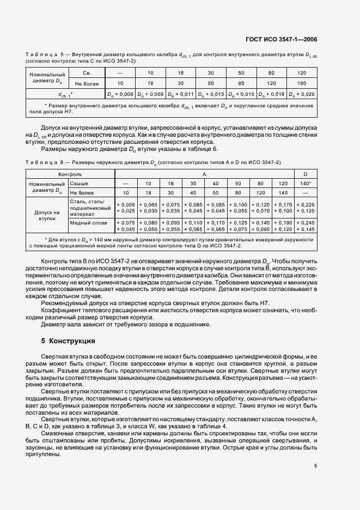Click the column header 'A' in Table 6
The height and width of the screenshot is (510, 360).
point(204,173)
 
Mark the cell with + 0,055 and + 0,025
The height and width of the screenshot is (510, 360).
point(126,207)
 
